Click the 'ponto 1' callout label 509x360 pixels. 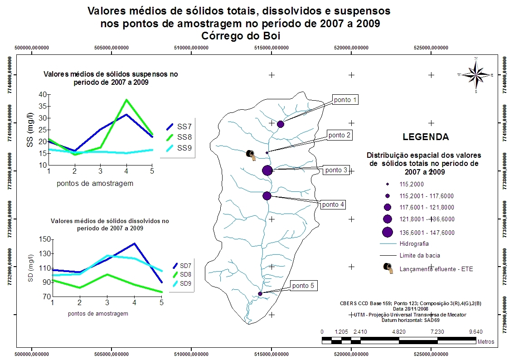tap(345, 100)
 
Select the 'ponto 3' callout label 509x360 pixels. tap(336, 170)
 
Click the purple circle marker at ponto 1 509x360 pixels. tap(281, 124)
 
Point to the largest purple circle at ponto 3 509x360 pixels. tap(267, 170)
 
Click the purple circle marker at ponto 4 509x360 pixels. tap(267, 196)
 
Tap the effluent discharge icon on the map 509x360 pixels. tap(251, 155)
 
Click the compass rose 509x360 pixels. tap(475, 74)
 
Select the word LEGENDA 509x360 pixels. tap(426, 137)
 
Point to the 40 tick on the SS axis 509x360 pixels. tap(43, 94)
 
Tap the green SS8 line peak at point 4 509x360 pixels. tap(126, 100)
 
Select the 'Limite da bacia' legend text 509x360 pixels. tap(420, 255)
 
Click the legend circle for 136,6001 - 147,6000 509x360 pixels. tap(387, 233)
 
